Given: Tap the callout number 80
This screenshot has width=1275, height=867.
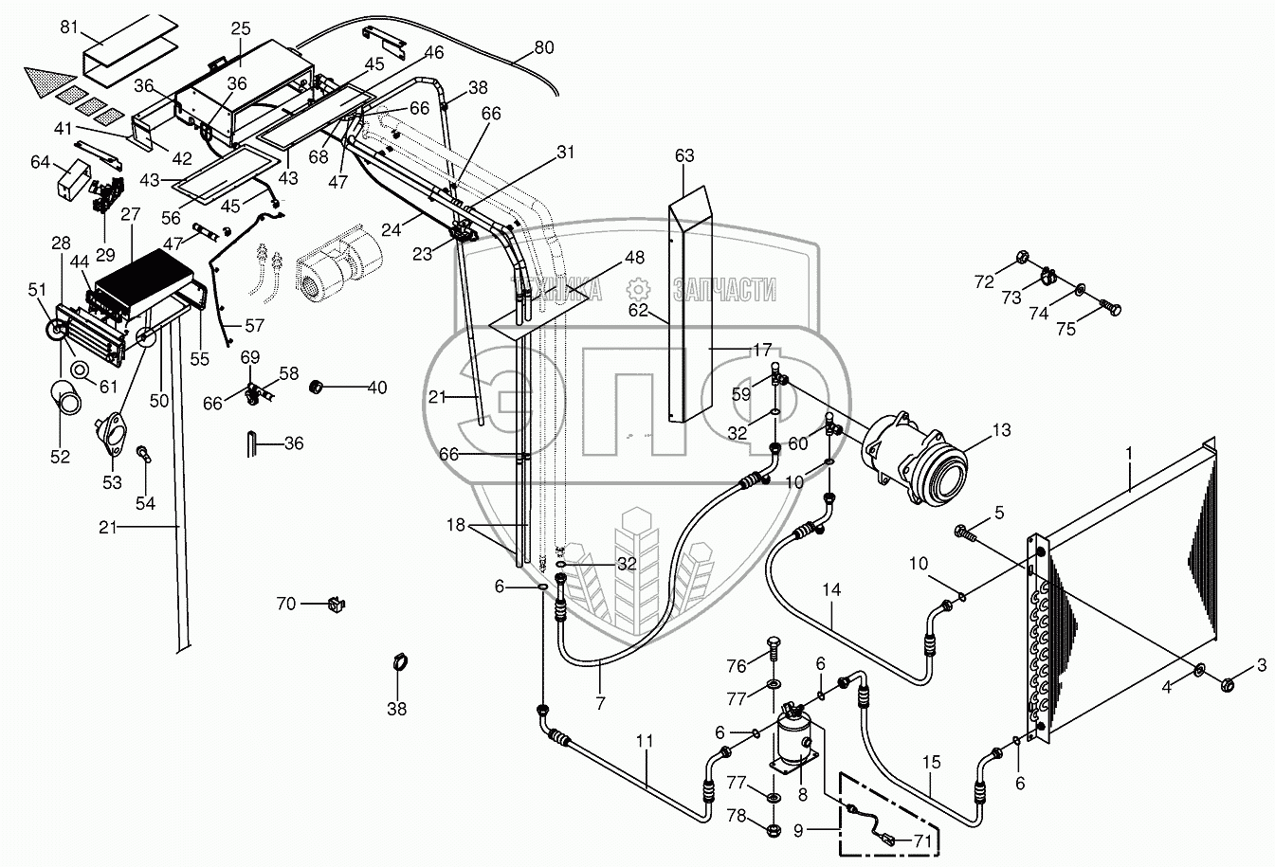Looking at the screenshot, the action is [x=543, y=47].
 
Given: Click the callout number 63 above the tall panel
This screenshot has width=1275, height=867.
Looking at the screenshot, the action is [x=684, y=155].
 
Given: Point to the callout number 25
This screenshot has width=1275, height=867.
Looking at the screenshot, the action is [x=240, y=28].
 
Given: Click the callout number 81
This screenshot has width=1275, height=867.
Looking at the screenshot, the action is [x=69, y=27].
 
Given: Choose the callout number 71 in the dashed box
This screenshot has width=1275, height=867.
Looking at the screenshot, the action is [x=922, y=840].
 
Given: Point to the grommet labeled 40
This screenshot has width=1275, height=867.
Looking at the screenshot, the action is [x=316, y=388].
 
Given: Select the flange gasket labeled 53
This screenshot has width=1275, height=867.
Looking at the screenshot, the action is [x=110, y=434].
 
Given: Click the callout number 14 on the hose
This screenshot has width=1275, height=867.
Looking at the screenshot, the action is [x=831, y=589].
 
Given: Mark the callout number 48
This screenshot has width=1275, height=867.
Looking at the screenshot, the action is [x=634, y=258].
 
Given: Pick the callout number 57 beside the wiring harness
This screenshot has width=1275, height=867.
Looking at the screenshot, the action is [x=254, y=325].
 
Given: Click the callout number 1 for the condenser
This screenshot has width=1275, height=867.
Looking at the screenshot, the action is [x=1129, y=454].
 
